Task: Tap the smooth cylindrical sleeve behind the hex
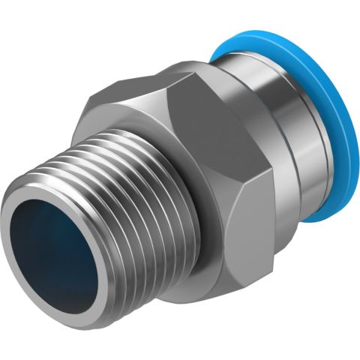coord(277,135)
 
